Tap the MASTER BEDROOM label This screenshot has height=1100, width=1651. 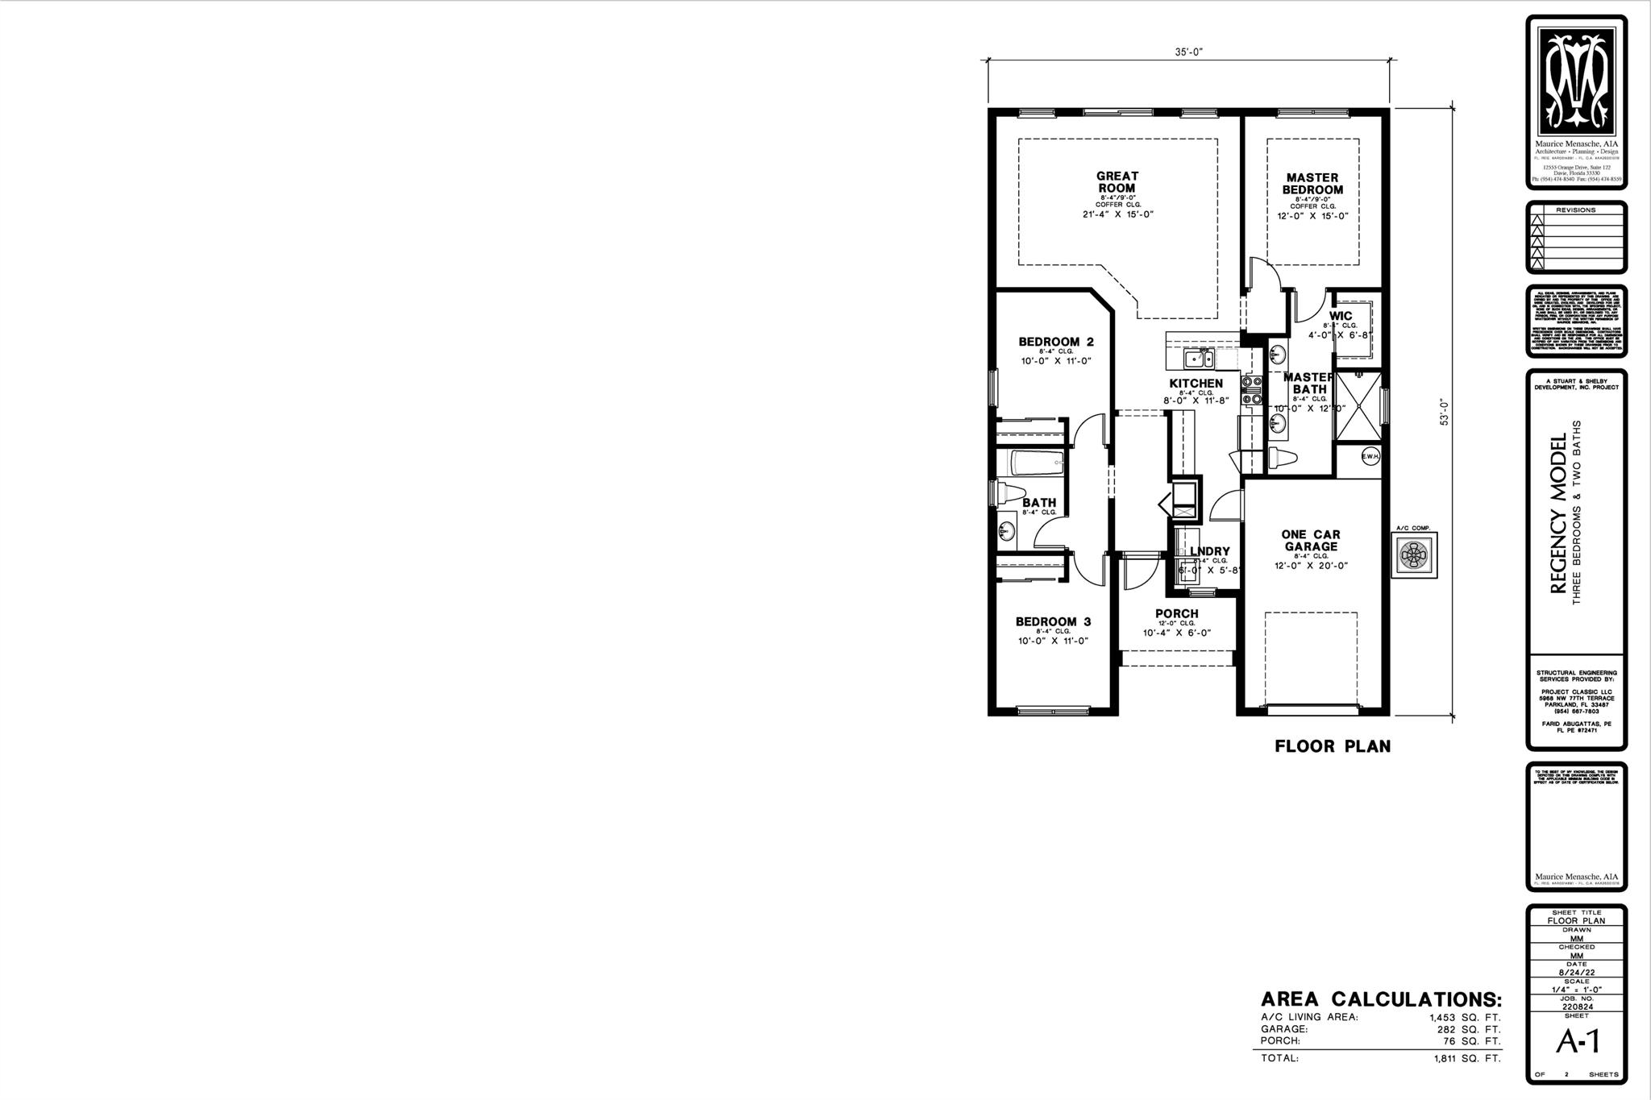click(x=1312, y=184)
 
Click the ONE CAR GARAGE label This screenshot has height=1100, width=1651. click(x=1311, y=540)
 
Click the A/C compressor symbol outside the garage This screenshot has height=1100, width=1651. click(x=1415, y=554)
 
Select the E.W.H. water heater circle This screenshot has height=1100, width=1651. click(x=1370, y=457)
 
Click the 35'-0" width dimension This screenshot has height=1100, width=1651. click(x=1188, y=52)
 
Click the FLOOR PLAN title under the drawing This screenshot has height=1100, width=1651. click(x=1332, y=746)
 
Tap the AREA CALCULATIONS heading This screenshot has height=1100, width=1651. click(x=1381, y=1000)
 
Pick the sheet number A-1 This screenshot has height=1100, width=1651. click(x=1577, y=1042)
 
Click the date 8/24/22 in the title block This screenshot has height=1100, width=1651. click(x=1576, y=973)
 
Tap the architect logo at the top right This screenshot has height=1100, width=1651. click(x=1576, y=81)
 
